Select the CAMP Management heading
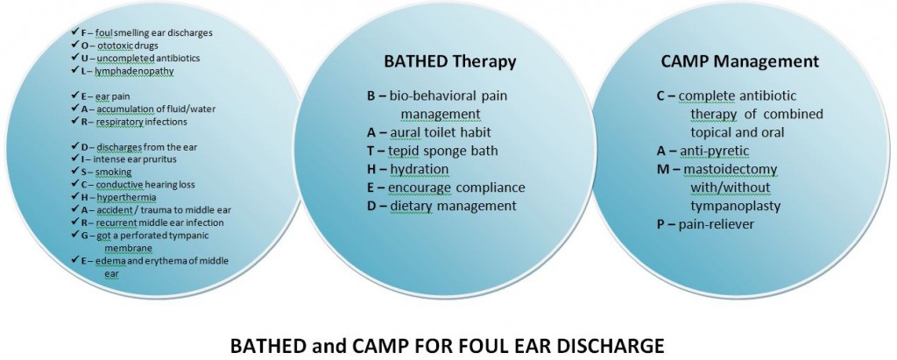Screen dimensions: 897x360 739,61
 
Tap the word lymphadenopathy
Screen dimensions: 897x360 134,71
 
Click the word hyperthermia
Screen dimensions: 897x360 118,197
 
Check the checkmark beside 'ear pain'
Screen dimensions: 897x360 75,95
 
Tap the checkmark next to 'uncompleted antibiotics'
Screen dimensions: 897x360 75,57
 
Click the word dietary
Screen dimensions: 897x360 410,206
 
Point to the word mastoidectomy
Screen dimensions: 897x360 730,170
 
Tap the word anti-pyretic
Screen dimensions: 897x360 715,152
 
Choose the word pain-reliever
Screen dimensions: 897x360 717,224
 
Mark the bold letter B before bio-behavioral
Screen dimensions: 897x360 371,95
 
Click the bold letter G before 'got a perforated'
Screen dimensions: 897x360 85,236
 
